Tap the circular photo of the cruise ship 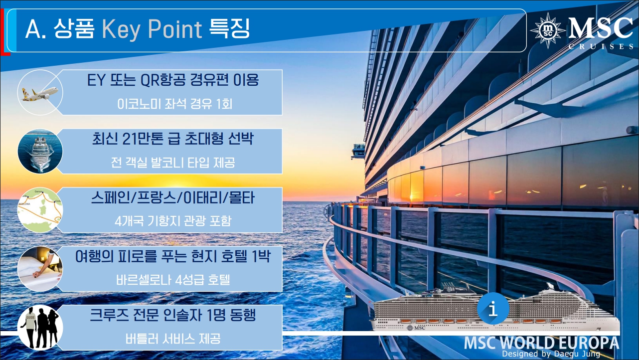click(40, 151)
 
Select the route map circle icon click(40, 209)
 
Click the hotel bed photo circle click(40, 269)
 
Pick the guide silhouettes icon click(40, 328)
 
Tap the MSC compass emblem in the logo click(547, 30)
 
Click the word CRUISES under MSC click(601, 46)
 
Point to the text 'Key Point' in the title click(152, 29)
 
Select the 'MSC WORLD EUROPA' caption click(541, 343)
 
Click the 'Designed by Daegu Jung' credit click(551, 354)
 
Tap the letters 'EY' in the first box click(96, 80)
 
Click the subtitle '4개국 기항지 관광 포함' click(173, 221)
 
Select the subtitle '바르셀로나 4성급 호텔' click(173, 280)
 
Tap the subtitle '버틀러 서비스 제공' click(173, 339)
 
